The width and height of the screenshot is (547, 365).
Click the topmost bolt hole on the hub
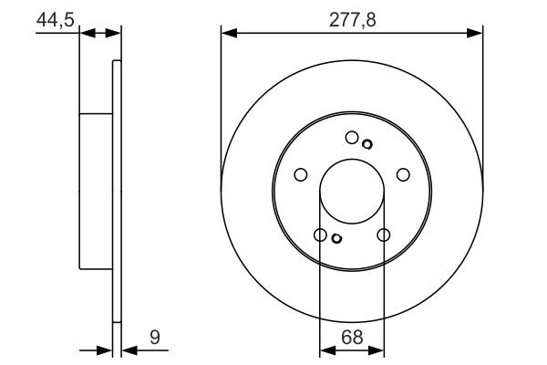coord(352,137)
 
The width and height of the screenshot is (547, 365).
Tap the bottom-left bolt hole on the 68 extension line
coord(320,235)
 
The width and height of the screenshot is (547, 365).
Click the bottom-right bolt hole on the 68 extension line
coord(383,235)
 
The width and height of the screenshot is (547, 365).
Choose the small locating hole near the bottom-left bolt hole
coord(336,239)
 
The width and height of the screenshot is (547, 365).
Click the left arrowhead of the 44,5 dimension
coord(86,34)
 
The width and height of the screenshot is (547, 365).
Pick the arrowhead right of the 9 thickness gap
coord(127,349)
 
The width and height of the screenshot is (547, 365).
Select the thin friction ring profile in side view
coord(116,191)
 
